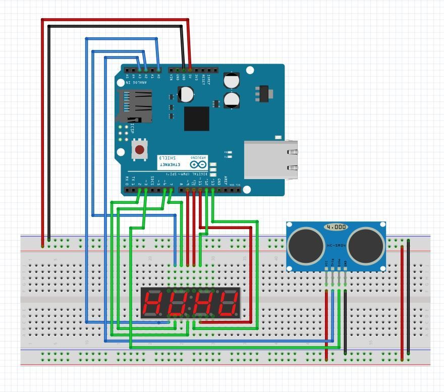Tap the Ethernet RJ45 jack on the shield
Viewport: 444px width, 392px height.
coord(270,159)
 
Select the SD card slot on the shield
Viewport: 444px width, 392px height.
coord(134,106)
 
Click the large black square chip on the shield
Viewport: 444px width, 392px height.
coord(196,119)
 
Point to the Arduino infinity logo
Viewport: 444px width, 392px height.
coord(198,164)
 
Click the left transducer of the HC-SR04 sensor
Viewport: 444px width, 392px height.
coord(306,245)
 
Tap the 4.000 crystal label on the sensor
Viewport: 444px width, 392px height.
coord(336,228)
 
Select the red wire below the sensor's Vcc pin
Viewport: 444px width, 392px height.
coord(326,323)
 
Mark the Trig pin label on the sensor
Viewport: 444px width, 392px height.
coord(332,263)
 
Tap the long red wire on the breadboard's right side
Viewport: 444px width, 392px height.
coord(402,303)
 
